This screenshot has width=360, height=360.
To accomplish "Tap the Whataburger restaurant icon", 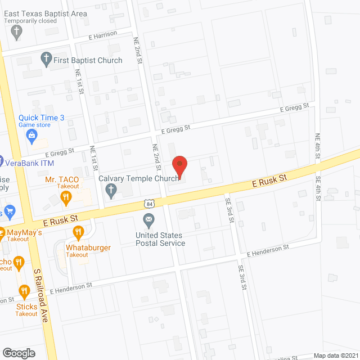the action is [x=78, y=232].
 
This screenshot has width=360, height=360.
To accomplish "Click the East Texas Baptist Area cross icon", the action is [x=17, y=32].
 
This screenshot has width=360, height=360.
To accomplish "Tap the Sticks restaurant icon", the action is [x=24, y=291].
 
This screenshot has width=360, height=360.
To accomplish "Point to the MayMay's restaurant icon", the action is [x=2, y=232].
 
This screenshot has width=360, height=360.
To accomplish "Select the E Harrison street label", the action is [x=103, y=35].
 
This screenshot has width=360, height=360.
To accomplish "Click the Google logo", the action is [x=19, y=353].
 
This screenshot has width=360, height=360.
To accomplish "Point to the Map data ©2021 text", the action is [x=335, y=355].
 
